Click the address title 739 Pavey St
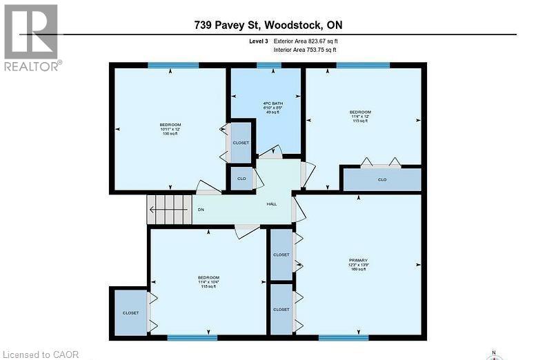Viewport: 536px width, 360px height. (x=268, y=26)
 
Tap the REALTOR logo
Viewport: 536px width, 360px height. (x=31, y=37)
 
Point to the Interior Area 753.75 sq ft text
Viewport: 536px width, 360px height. (x=306, y=50)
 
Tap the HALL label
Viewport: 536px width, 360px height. (x=272, y=204)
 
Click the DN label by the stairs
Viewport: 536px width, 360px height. (x=201, y=210)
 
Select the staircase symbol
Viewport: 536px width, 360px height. (x=169, y=209)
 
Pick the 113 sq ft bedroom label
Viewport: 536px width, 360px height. (x=360, y=116)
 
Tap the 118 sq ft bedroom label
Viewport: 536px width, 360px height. (x=208, y=282)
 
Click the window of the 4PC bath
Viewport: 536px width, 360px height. (x=264, y=66)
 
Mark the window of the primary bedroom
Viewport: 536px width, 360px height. (x=339, y=338)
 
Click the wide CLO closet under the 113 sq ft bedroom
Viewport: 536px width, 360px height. (x=382, y=179)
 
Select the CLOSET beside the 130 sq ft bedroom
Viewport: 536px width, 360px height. (x=241, y=143)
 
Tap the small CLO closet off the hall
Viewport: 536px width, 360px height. (x=241, y=178)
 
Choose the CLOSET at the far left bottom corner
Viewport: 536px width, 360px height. (x=130, y=312)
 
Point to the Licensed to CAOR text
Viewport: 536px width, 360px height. (x=40, y=354)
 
